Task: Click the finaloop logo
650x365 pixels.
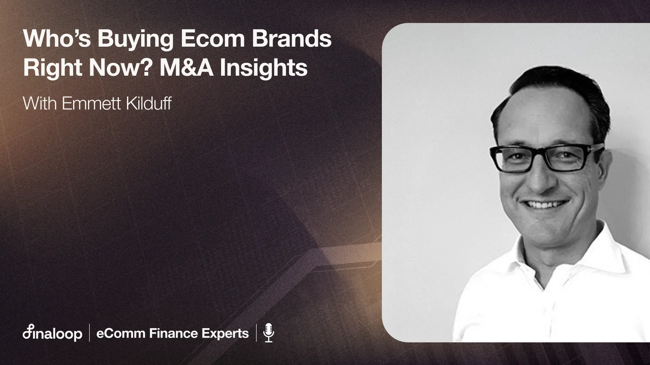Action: pos(52,334)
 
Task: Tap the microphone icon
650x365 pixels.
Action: pos(268,333)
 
